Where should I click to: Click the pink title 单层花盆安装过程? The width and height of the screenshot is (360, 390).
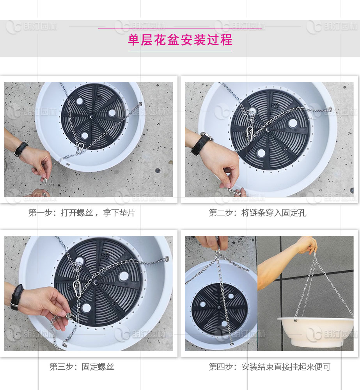180,40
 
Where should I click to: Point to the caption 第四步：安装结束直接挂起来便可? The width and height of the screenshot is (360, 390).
270,367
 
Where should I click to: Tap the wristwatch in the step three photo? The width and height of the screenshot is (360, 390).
16,297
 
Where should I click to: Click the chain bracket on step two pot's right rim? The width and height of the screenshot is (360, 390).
330,110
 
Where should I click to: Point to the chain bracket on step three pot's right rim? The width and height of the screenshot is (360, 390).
167,259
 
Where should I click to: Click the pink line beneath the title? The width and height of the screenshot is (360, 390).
180,51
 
